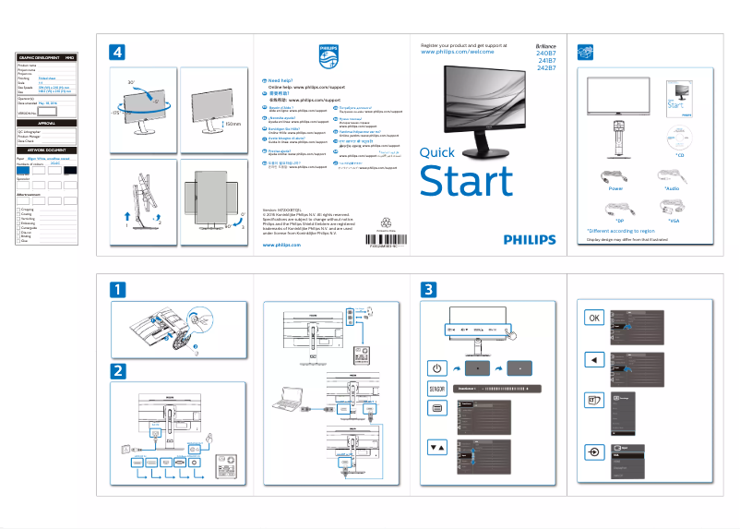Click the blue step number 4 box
pyautogui.click(x=118, y=52)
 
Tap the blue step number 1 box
pyautogui.click(x=118, y=289)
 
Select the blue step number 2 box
pyautogui.click(x=118, y=371)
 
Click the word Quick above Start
pyautogui.click(x=436, y=153)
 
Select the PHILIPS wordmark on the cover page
pyautogui.click(x=530, y=239)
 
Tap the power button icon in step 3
pyautogui.click(x=438, y=367)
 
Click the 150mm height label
pyautogui.click(x=231, y=122)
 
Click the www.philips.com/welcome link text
pyautogui.click(x=457, y=53)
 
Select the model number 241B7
pyautogui.click(x=546, y=61)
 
